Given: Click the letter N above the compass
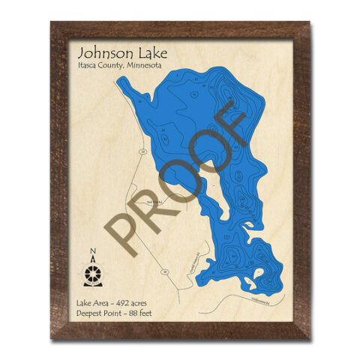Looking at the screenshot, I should (93, 251).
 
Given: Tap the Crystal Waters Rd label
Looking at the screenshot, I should (193, 262).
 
